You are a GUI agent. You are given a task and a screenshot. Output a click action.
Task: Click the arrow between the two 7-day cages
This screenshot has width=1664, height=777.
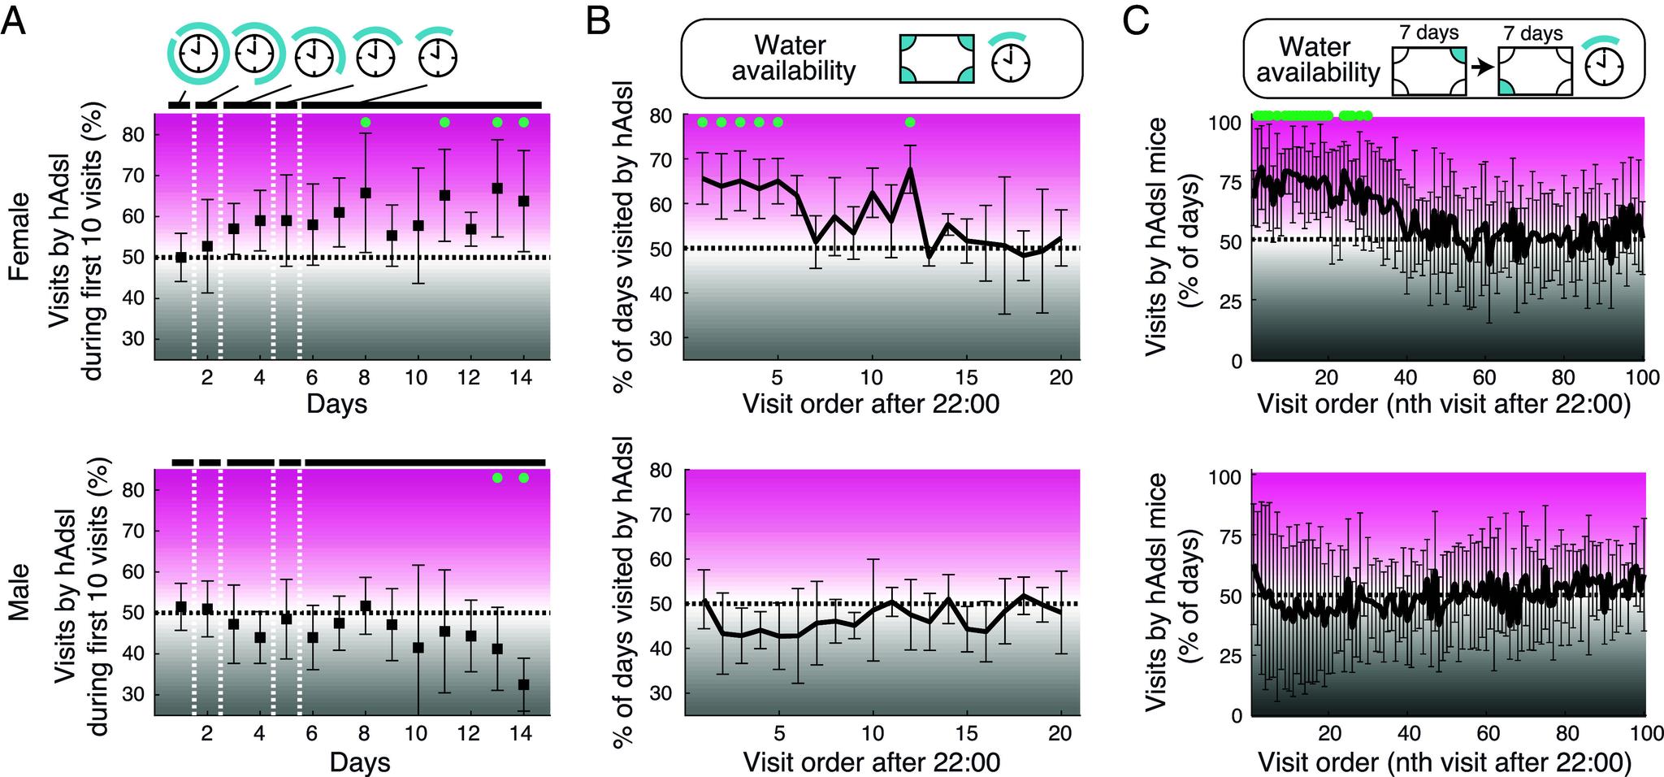1483,68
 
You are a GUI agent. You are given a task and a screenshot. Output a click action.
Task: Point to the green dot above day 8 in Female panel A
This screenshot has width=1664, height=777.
366,122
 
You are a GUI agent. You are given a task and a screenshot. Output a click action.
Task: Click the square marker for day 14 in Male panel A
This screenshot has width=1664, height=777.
523,684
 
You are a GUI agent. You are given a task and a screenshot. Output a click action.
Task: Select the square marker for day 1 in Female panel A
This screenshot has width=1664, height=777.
181,257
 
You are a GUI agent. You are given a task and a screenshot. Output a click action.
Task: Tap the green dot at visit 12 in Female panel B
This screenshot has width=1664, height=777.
910,122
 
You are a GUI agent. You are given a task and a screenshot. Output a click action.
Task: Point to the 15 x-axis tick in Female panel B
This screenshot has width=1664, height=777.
966,378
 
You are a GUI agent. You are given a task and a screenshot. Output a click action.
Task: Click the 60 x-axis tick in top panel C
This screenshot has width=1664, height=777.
1484,378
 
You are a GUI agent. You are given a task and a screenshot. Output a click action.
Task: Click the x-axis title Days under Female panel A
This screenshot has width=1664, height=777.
336,404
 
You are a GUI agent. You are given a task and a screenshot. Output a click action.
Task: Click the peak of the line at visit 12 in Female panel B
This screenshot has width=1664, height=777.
910,169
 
